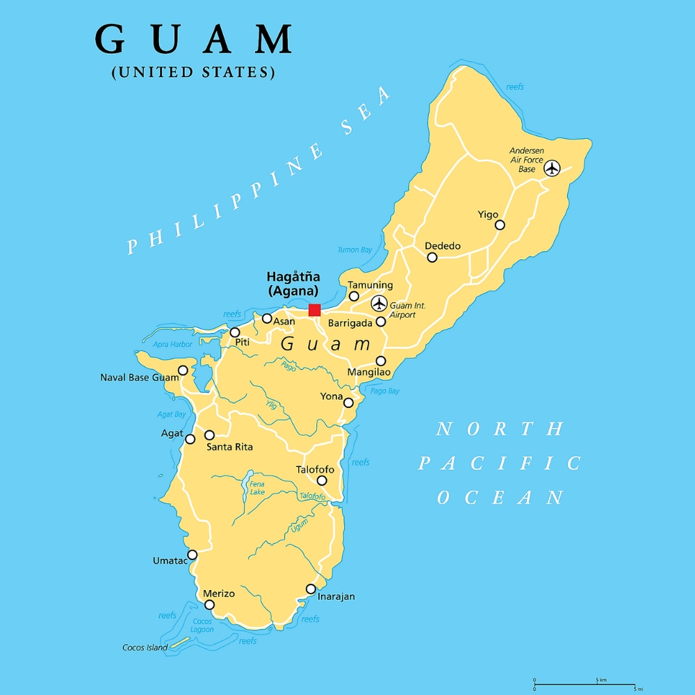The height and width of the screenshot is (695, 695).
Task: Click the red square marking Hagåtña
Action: pos(314,310)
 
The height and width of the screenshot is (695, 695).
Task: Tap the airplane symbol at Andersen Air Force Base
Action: pos(552,168)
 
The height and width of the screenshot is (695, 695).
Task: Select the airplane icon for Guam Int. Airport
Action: pos(379,303)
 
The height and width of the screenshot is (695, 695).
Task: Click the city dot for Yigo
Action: pos(500,224)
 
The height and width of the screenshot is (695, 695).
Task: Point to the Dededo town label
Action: pos(443,246)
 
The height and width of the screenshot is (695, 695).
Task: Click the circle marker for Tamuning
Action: pos(354,296)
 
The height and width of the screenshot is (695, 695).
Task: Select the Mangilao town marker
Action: pos(381,361)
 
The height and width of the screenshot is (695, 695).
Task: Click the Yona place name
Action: pos(331,396)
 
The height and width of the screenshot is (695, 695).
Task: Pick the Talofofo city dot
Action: pos(322,480)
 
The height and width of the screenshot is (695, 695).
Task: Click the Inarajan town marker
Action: pos(311,589)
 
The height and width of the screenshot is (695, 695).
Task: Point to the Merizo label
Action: pos(219,594)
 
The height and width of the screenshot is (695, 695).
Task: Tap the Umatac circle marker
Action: pos(193,555)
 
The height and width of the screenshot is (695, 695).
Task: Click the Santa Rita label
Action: pos(229,447)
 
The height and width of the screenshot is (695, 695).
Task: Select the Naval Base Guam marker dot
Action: pos(183,370)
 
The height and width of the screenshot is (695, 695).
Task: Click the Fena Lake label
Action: pos(257,488)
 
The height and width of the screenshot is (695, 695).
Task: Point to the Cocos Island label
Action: pos(145,648)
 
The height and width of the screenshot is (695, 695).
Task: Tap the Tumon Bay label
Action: pos(354,250)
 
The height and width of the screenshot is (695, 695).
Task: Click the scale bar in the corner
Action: pos(584,684)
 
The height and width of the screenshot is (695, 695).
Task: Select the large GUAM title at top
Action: pos(193,40)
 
